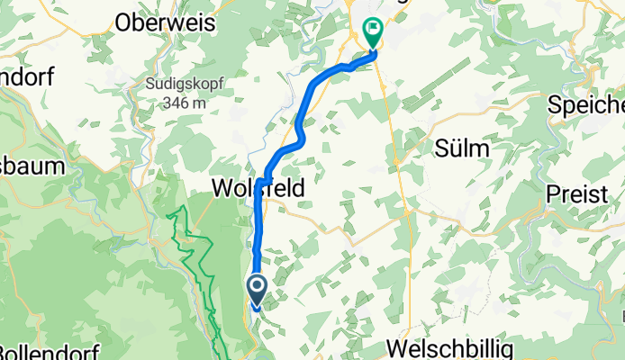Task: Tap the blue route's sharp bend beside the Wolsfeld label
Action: pos(262,182)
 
